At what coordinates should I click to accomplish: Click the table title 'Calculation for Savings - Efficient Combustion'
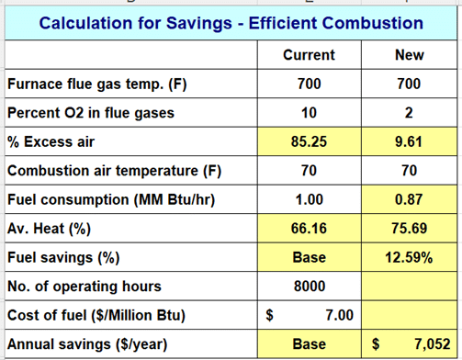pyautogui.click(x=231, y=23)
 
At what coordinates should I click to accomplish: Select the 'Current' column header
pyautogui.click(x=309, y=55)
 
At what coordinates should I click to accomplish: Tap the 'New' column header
pyautogui.click(x=410, y=55)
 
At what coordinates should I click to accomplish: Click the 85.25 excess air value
pyautogui.click(x=309, y=141)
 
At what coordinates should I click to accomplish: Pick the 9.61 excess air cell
pyautogui.click(x=409, y=141)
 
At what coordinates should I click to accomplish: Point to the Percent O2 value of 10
pyautogui.click(x=309, y=113)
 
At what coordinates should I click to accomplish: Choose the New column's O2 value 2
pyautogui.click(x=409, y=113)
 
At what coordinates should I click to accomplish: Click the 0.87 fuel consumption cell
pyautogui.click(x=409, y=199)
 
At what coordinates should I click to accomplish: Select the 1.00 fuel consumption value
pyautogui.click(x=309, y=199)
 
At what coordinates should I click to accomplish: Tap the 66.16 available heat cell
pyautogui.click(x=309, y=229)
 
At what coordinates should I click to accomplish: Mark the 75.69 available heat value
pyautogui.click(x=409, y=229)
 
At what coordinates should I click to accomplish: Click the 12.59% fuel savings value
pyautogui.click(x=409, y=257)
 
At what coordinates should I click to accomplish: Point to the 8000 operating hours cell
pyautogui.click(x=310, y=287)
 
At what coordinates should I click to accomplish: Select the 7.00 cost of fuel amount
pyautogui.click(x=339, y=315)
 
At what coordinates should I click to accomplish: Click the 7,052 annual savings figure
pyautogui.click(x=433, y=344)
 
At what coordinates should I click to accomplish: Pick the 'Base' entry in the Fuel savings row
pyautogui.click(x=310, y=257)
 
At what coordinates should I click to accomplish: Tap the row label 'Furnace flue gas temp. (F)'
pyautogui.click(x=97, y=84)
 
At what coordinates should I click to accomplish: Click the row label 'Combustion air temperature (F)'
pyautogui.click(x=114, y=171)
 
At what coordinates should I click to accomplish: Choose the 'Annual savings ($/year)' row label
pyautogui.click(x=87, y=344)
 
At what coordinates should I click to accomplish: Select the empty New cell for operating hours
pyautogui.click(x=409, y=287)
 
